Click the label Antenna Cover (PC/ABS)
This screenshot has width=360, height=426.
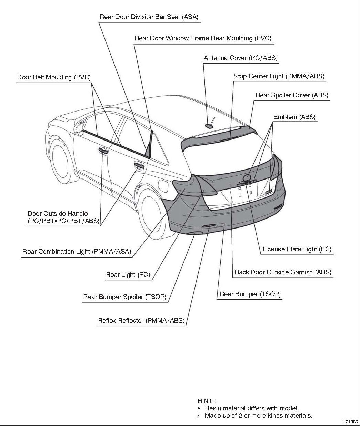pyautogui.click(x=240, y=58)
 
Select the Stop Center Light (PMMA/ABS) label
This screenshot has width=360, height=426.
pyautogui.click(x=279, y=76)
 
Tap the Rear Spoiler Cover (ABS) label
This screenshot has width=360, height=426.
pyautogui.click(x=292, y=95)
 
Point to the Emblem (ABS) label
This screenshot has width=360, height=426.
pyautogui.click(x=294, y=117)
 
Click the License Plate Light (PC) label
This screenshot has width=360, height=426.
pyautogui.click(x=297, y=249)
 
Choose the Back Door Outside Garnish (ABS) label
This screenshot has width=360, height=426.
pyautogui.click(x=283, y=272)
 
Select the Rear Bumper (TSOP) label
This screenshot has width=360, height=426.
pyautogui.click(x=250, y=294)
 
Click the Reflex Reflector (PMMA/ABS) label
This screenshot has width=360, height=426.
pyautogui.click(x=141, y=321)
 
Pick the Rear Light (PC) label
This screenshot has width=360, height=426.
pyautogui.click(x=128, y=275)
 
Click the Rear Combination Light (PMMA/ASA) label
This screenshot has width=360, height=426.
pyautogui.click(x=77, y=252)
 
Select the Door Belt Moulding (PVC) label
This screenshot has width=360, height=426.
pyautogui.click(x=54, y=77)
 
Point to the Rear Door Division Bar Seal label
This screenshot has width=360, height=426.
pyautogui.click(x=149, y=17)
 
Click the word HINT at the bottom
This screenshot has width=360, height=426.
pyautogui.click(x=206, y=401)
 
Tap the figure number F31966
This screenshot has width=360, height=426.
pyautogui.click(x=351, y=422)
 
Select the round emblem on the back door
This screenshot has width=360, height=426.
pyautogui.click(x=247, y=178)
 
